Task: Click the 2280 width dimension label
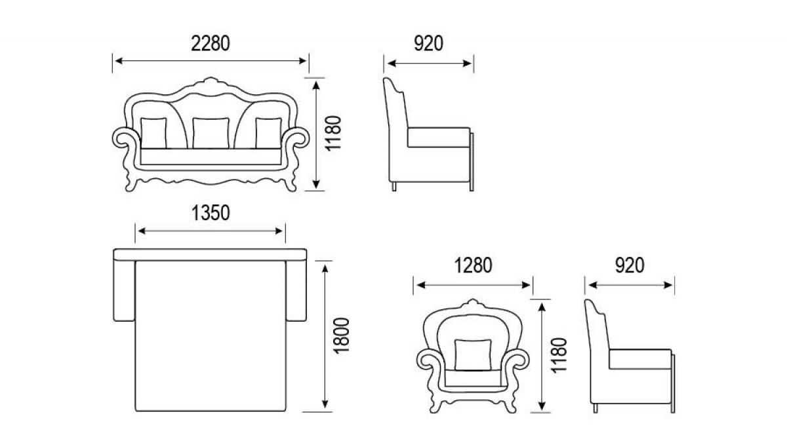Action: (211, 43)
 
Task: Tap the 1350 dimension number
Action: (211, 213)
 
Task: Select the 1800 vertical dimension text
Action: (341, 336)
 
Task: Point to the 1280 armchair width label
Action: (473, 265)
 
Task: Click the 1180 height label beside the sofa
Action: (333, 134)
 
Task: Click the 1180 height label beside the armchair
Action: (559, 355)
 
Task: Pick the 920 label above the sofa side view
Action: (428, 43)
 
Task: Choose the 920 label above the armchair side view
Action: (630, 265)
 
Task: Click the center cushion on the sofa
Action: (211, 133)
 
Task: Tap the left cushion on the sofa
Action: (153, 133)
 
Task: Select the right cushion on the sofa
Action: (268, 133)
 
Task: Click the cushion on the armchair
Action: (473, 355)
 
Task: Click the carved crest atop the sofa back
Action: (211, 83)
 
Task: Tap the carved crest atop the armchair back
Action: (473, 303)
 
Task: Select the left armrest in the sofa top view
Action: (124, 291)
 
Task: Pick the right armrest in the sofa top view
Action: (296, 291)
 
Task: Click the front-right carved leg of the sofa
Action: (290, 183)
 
